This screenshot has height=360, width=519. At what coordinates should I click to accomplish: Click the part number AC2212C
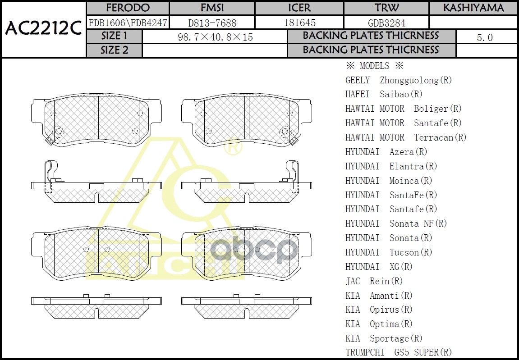tap(43, 29)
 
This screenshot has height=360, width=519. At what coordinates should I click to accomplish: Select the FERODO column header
tap(128, 8)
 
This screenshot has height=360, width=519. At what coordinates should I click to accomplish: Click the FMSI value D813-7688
tap(212, 23)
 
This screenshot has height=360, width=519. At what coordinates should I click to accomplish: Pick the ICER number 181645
tap(299, 23)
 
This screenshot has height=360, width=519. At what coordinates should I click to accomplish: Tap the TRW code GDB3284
tap(386, 23)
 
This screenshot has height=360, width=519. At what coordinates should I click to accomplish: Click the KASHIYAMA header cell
tap(473, 8)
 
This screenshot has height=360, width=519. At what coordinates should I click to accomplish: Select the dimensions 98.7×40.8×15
tap(216, 37)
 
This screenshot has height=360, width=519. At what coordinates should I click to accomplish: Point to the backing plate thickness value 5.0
tap(485, 37)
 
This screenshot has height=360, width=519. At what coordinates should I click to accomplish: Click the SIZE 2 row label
tap(114, 50)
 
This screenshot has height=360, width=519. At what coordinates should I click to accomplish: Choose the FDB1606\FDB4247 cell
tap(128, 23)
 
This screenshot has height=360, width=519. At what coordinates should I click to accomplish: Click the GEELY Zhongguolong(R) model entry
tap(399, 80)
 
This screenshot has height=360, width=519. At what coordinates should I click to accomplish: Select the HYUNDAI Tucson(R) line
tap(389, 252)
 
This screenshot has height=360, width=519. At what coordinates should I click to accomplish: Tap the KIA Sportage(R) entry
tap(384, 338)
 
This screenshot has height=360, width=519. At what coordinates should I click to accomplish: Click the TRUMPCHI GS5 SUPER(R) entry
tap(399, 352)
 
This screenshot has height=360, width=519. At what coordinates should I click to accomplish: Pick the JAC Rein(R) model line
tap(374, 281)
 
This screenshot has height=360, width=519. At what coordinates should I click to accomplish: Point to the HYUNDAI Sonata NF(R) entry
tap(396, 223)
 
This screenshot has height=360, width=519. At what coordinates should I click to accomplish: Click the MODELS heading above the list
tap(374, 66)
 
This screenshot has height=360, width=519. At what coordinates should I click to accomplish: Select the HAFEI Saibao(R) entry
tap(384, 94)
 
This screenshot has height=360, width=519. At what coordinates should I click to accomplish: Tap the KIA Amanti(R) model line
tap(379, 296)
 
